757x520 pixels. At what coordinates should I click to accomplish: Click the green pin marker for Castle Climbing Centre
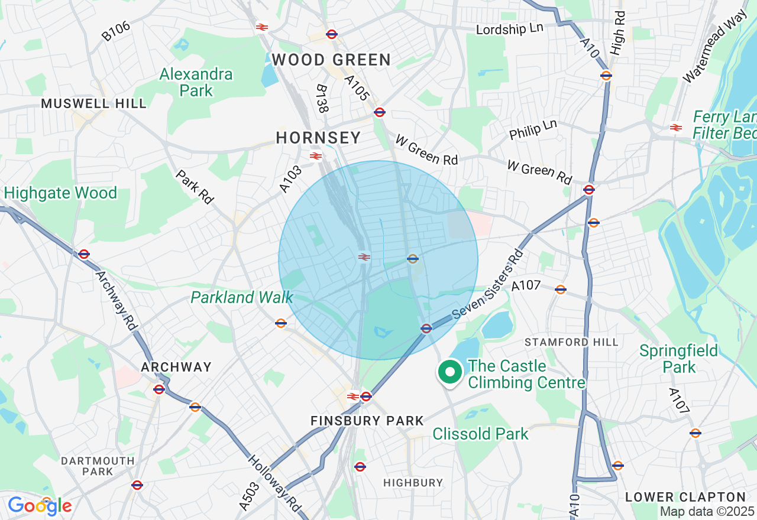point(449,373)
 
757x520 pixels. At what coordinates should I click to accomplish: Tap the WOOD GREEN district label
point(331,60)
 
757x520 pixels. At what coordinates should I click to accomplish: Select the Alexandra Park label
point(196,82)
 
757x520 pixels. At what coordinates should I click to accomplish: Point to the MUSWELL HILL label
point(93,103)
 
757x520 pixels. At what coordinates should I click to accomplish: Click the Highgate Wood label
point(60,193)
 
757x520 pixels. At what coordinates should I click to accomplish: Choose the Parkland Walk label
point(241,297)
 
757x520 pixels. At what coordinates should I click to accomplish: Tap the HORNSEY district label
point(318,138)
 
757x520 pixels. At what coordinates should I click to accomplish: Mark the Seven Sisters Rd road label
point(489,285)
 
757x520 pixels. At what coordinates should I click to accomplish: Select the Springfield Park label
point(678,359)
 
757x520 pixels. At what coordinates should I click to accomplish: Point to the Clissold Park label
point(480,434)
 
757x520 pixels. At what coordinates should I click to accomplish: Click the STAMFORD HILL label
point(571,342)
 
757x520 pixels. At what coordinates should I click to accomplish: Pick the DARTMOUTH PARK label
point(98,466)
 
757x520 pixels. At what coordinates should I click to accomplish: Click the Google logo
point(40,506)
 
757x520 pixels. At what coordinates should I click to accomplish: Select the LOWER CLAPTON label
point(685,497)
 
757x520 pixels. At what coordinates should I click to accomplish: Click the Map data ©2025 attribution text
point(707,512)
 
